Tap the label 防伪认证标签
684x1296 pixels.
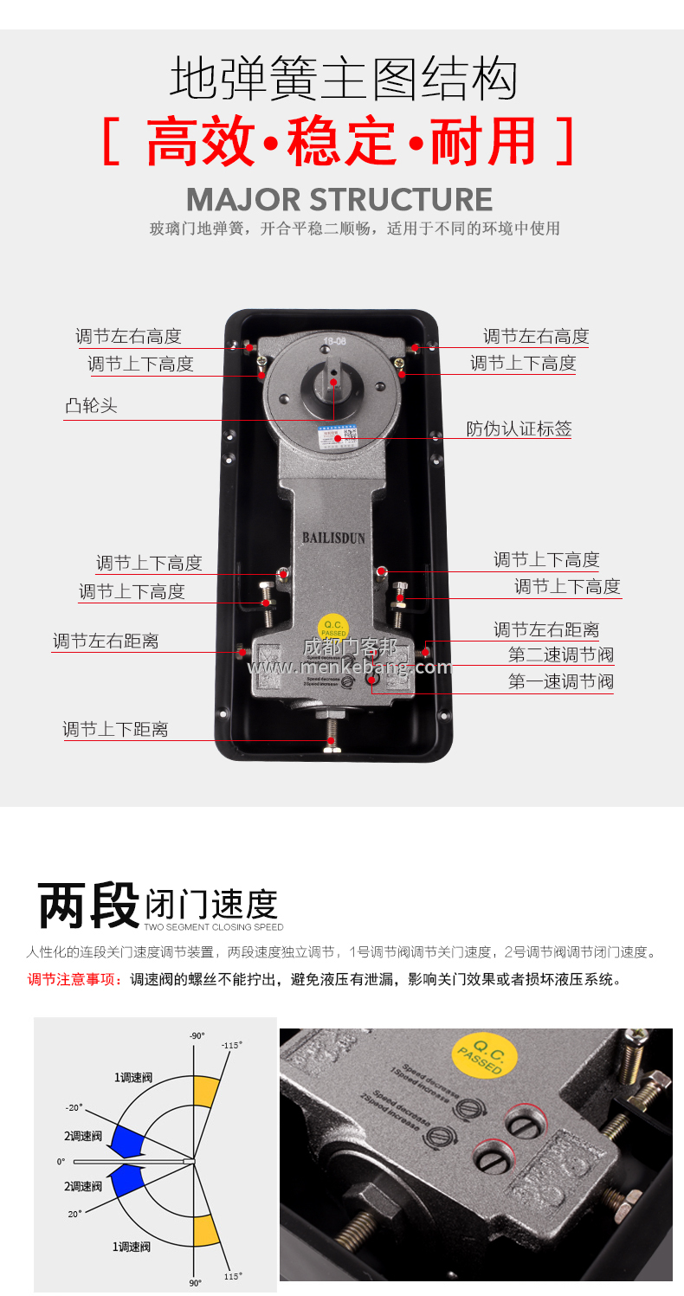coord(519,429)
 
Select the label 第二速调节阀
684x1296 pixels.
coord(560,655)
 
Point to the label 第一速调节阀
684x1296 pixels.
coord(560,682)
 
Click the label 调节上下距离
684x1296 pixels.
coord(115,730)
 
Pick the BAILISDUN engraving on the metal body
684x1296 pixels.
coord(333,538)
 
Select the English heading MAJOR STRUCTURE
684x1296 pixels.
coord(339,199)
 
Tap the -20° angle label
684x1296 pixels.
coord(74,1107)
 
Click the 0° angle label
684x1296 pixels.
coord(61,1161)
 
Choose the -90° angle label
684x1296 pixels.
coord(197,1035)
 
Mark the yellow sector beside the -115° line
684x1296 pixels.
coord(207,1092)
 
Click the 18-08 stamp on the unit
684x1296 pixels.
coord(333,340)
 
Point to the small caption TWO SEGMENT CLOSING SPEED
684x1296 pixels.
coord(214,927)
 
